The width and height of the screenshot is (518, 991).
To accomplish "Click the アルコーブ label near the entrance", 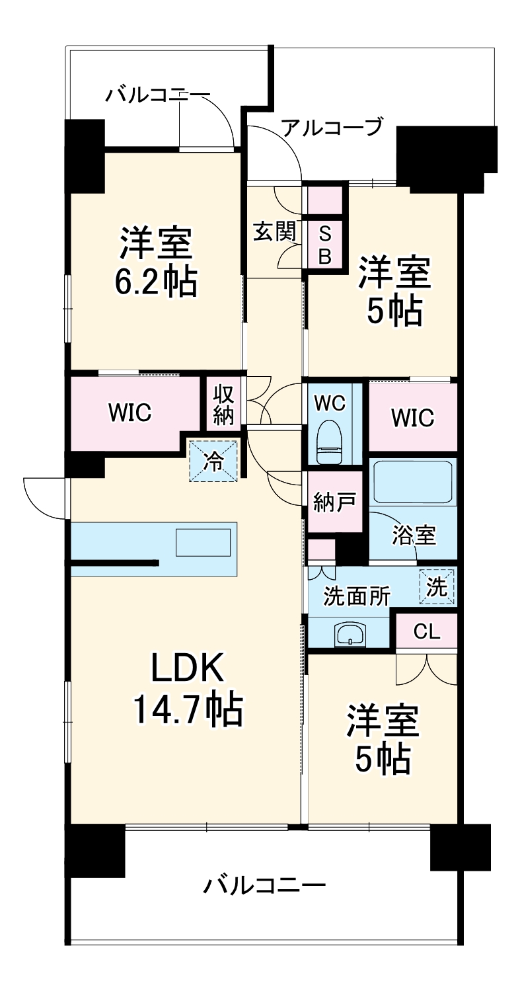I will coord(332,126).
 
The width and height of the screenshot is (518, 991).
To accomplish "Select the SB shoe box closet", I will coord(324,244).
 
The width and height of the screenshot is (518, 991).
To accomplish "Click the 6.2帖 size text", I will coord(157,283).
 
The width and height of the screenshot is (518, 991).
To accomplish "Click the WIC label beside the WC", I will coord(412,418).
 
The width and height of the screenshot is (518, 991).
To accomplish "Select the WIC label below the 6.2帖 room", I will coord(130,413).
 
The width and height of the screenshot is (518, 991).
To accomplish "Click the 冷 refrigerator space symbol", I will coord(213,461).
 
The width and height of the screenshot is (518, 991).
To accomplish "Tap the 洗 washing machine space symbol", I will coord(437,586).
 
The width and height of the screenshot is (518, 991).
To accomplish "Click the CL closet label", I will coord(426,632).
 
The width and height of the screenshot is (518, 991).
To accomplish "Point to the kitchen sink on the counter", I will coord(203,543).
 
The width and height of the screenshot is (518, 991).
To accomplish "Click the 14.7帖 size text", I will coord(188,710).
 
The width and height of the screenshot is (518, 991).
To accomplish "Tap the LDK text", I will coord(188,668).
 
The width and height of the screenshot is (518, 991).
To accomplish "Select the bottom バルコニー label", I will coord(264,884).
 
